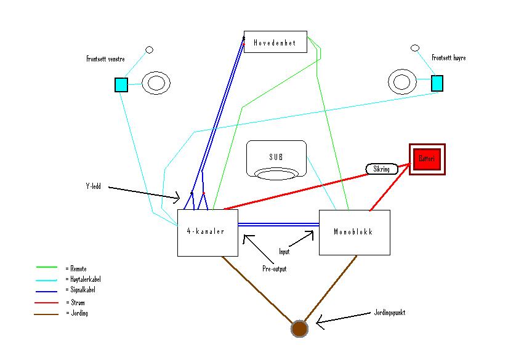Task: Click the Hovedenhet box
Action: (275, 42)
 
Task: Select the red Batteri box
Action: (427, 159)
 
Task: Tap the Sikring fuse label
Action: (382, 169)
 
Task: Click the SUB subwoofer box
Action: (276, 159)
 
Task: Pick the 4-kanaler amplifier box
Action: (208, 233)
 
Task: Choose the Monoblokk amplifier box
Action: (354, 233)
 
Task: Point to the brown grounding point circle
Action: (299, 329)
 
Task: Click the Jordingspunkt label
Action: (389, 313)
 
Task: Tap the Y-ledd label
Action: (93, 186)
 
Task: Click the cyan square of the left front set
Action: (121, 84)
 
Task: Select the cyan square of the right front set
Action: (437, 82)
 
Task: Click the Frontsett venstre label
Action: (105, 59)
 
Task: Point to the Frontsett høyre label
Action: (448, 58)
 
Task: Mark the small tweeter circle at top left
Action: (148, 49)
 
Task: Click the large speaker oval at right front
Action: (402, 81)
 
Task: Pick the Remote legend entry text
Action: (77, 268)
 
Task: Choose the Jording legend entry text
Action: (77, 313)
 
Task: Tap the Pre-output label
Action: (273, 269)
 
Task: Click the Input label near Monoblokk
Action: (284, 252)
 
